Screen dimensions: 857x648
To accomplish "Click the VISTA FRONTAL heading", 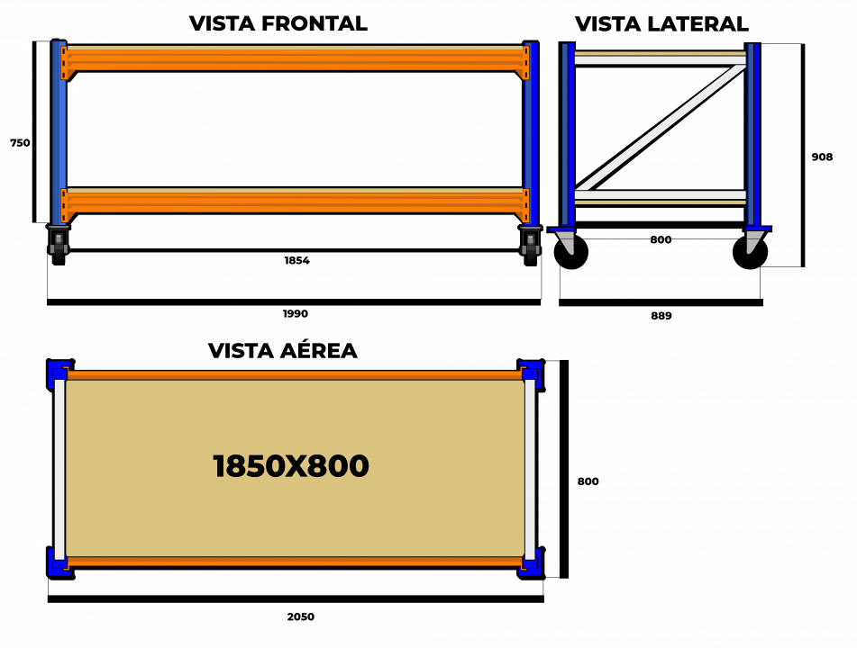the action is [278, 23].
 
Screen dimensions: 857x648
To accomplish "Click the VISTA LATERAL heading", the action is [661, 24].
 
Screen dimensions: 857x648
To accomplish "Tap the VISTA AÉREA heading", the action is [283, 349].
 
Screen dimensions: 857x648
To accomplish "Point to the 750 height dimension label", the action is [20, 143].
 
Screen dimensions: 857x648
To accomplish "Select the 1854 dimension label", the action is [296, 260].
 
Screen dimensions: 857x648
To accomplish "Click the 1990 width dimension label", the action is [296, 314].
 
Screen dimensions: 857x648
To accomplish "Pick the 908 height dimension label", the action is [822, 157].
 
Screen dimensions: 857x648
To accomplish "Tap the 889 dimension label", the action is [661, 316].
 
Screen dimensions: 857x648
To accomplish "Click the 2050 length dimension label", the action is [301, 616].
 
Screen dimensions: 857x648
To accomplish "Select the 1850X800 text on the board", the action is [291, 466].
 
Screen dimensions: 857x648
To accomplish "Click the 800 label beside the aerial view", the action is [588, 481].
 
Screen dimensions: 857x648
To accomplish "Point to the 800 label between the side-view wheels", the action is [661, 239].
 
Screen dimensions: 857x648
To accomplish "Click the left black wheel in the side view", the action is [571, 252].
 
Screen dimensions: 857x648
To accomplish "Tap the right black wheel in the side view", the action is [750, 252].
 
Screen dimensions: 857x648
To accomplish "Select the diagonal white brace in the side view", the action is [661, 127].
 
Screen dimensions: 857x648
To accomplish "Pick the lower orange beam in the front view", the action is [296, 202].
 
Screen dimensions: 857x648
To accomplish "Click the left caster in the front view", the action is [59, 245].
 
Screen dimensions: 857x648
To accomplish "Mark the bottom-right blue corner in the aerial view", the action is [532, 563].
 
